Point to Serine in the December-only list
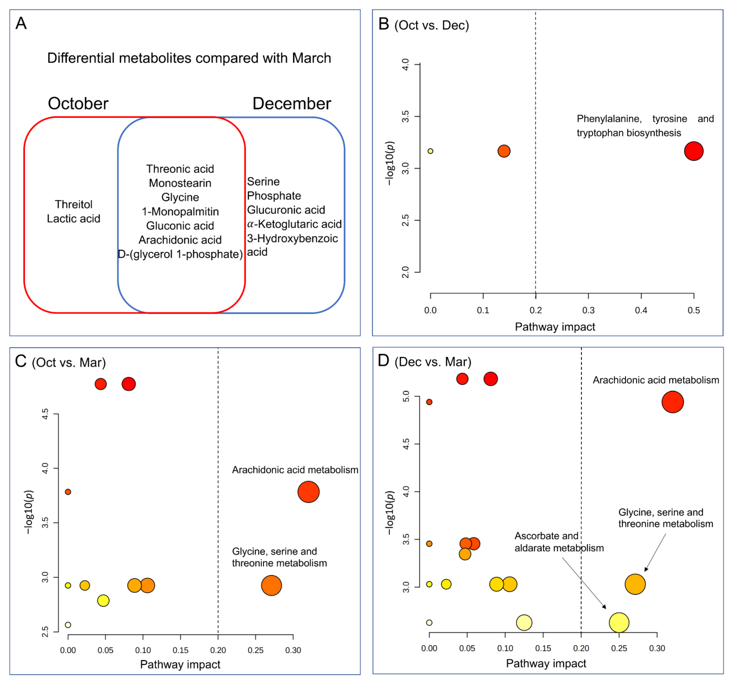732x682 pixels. pos(263,182)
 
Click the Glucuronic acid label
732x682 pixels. pos(286,210)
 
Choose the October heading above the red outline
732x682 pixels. pos(78,103)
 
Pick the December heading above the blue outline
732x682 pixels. pos(292,103)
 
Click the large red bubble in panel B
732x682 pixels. pos(693,151)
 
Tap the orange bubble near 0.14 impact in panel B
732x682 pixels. pos(503,151)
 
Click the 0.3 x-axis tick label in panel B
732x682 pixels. pos(588,310)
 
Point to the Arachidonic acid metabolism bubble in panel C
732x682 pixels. pos(308,492)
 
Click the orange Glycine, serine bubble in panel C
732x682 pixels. pos(271,585)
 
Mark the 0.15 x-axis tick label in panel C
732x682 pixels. pos(181,650)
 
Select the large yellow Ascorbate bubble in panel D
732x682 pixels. pos(619,623)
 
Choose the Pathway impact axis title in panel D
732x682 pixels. pos(546,663)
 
